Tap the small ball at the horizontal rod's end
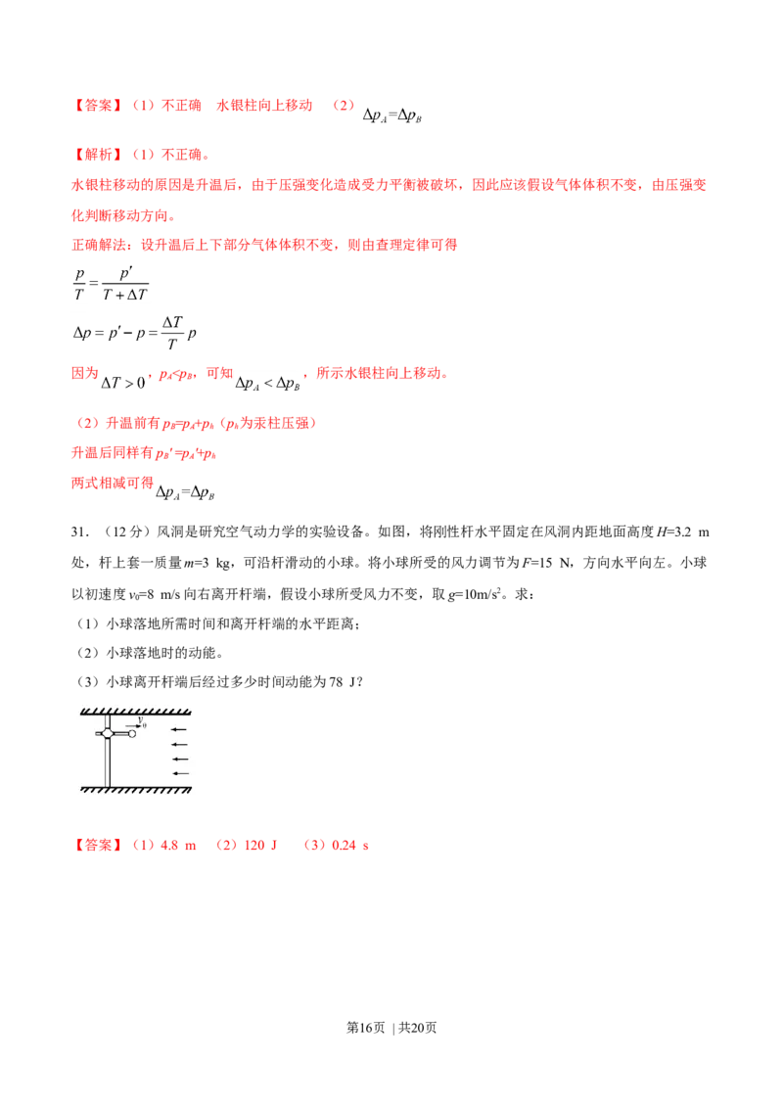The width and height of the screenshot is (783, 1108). pyautogui.click(x=132, y=734)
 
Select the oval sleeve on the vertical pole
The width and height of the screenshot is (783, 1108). pyautogui.click(x=108, y=733)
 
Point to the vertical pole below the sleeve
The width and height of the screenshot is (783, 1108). pyautogui.click(x=108, y=763)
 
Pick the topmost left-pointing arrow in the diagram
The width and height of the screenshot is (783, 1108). pyautogui.click(x=179, y=730)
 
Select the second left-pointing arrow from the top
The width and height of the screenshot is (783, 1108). pyautogui.click(x=179, y=745)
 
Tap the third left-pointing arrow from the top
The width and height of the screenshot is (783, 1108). pyautogui.click(x=179, y=759)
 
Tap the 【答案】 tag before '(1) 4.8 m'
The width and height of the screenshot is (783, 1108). pyautogui.click(x=100, y=846)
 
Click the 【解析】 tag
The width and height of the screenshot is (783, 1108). pyautogui.click(x=100, y=154)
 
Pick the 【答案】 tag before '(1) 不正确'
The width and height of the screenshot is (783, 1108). pyautogui.click(x=100, y=105)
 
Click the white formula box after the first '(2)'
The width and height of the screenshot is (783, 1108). pyautogui.click(x=394, y=116)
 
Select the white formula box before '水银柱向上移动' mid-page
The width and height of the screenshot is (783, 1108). pyautogui.click(x=266, y=385)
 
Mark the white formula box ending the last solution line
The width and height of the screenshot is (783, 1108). pyautogui.click(x=187, y=493)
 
